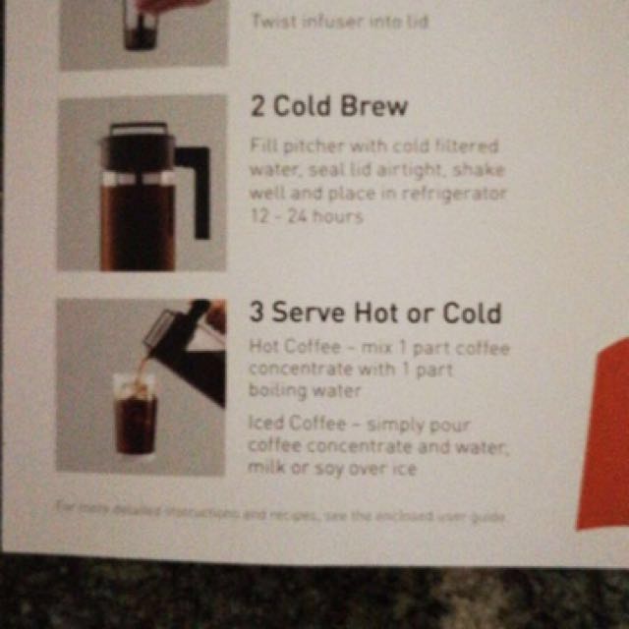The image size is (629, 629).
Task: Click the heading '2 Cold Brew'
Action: click(328, 107)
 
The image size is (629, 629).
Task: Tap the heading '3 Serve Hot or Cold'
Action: click(374, 314)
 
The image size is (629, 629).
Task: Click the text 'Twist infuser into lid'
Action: click(339, 20)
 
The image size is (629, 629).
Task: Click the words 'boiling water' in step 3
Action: click(305, 390)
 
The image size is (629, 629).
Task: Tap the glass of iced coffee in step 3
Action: click(136, 415)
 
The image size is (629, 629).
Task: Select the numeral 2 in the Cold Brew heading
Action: click(257, 107)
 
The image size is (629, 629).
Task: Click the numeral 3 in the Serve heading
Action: click(257, 314)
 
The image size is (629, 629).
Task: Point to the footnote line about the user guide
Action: click(280, 512)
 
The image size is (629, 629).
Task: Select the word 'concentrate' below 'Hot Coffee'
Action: click(293, 369)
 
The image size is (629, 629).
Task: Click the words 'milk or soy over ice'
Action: click(332, 468)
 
